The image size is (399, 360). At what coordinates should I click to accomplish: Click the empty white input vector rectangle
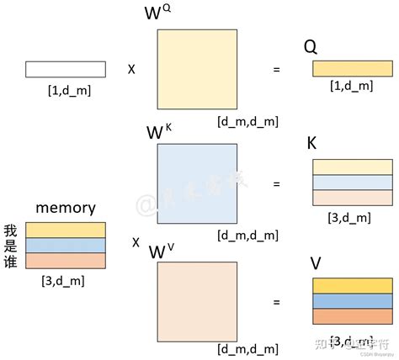65,69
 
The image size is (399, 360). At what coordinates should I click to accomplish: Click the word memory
65,208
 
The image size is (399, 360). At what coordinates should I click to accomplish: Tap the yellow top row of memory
65,230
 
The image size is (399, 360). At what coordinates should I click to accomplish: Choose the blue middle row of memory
65,245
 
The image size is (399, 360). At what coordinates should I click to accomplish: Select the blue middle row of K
351,183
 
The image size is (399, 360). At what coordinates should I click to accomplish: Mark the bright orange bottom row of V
351,316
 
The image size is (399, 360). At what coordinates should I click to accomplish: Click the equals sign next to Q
276,69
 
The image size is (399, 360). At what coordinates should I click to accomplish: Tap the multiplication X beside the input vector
130,69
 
